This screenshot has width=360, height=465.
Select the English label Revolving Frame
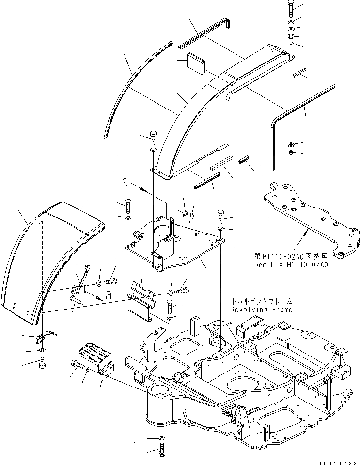coord(262,310)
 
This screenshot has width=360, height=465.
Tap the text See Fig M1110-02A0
coord(291,264)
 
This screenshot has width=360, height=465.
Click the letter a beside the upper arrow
coord(125,184)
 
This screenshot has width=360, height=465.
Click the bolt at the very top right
coord(290,9)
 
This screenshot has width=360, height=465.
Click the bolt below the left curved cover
coord(43,361)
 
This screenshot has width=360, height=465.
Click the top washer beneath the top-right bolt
coord(290,23)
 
